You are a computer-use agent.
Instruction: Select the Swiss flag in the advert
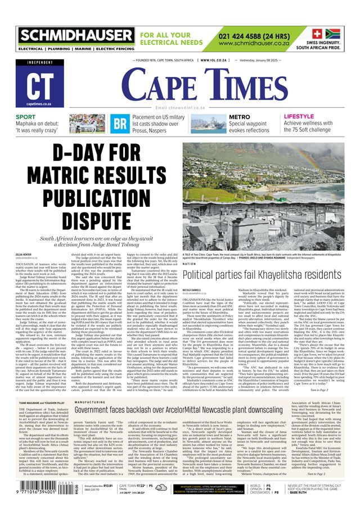point(317,33)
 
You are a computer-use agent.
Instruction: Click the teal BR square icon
point(120,124)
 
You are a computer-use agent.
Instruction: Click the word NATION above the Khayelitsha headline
point(190,263)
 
